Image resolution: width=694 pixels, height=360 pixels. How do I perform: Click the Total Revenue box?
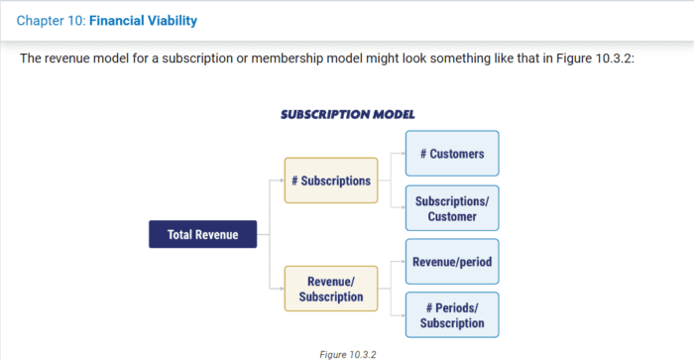202,234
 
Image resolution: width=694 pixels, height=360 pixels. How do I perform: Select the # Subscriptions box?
331,180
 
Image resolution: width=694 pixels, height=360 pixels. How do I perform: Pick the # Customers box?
451,154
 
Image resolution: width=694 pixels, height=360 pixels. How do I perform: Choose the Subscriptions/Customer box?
451,208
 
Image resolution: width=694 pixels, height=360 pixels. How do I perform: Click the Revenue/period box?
451,262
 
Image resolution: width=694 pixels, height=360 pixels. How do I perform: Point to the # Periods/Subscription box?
451,315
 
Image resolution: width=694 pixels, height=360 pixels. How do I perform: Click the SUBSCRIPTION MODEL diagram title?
347,114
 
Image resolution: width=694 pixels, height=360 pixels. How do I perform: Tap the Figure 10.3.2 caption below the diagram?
348,353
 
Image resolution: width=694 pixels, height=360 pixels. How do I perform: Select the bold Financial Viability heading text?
143,20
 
